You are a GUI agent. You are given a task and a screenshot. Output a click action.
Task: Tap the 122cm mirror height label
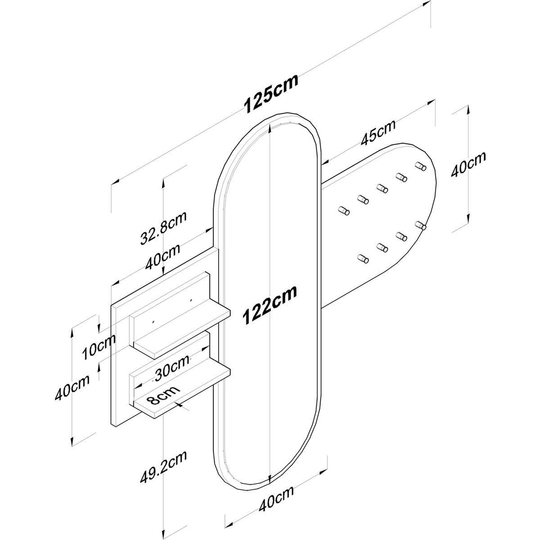[x=269, y=305]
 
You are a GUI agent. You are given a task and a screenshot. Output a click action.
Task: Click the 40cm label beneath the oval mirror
[x=276, y=506]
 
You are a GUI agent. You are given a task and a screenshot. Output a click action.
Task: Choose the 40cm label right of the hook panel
[x=468, y=165]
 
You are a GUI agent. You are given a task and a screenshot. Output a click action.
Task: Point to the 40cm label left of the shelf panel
[x=72, y=387]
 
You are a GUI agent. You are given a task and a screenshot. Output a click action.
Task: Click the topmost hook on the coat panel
[x=421, y=166]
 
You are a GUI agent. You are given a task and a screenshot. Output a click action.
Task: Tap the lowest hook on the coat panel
[x=363, y=258]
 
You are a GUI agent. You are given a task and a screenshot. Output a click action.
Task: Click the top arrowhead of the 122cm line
[x=270, y=128]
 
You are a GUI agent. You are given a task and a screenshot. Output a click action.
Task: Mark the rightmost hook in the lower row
[x=421, y=225]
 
